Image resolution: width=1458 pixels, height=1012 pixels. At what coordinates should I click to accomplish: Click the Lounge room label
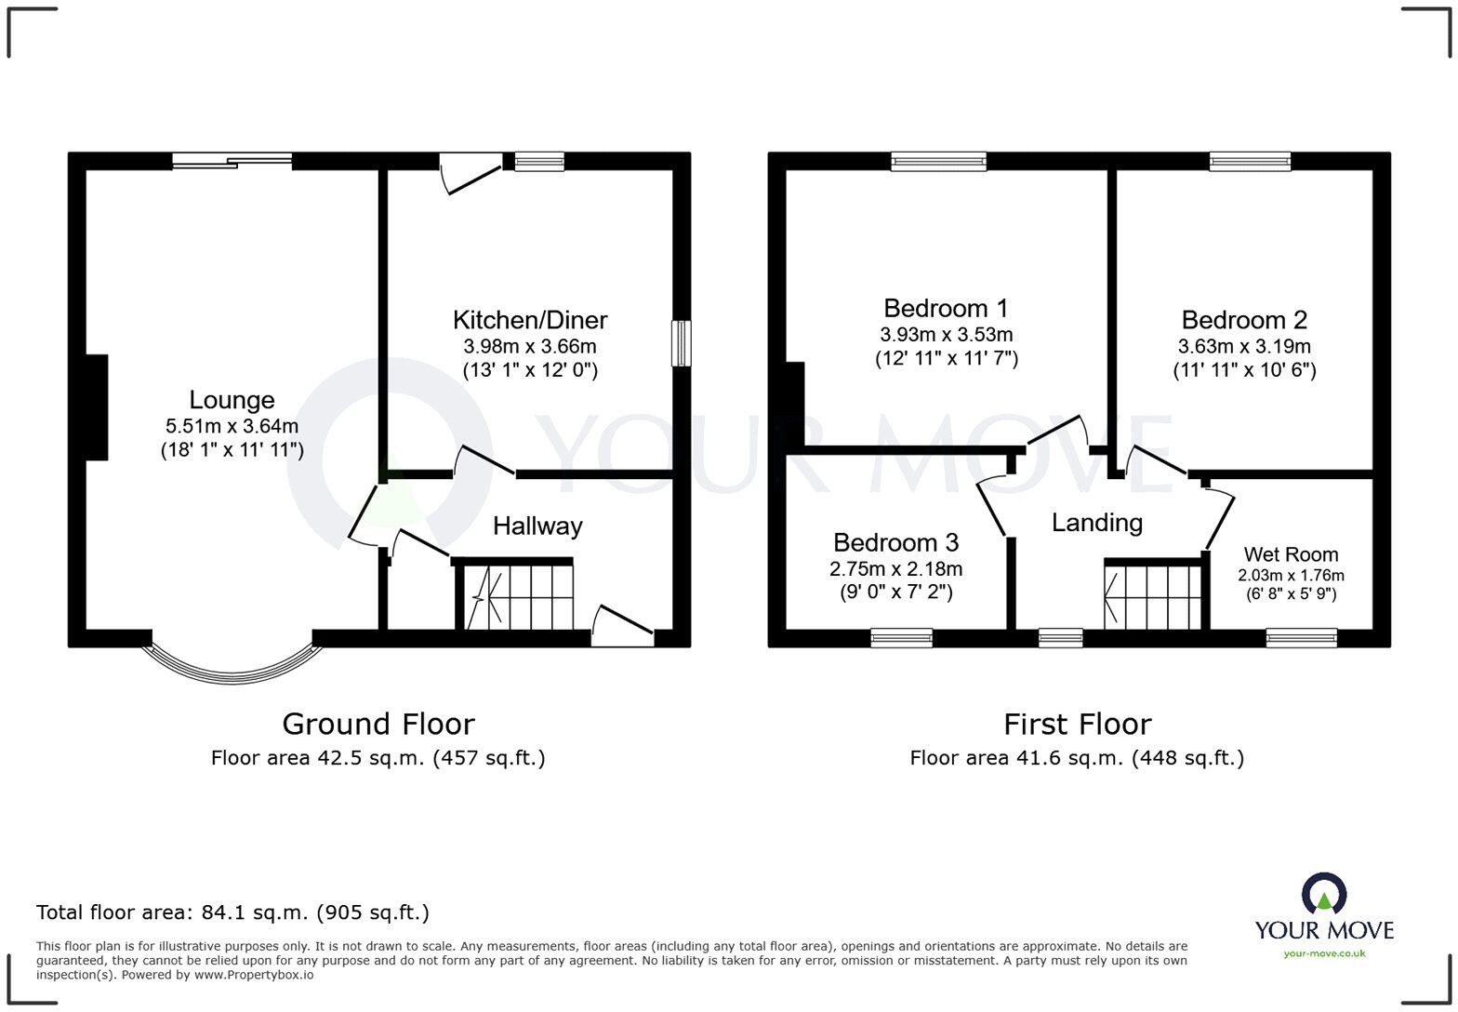tap(232, 400)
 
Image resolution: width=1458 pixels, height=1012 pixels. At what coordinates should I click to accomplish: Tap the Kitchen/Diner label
tap(529, 320)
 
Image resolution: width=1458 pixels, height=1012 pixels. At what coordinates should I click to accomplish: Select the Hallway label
tap(537, 526)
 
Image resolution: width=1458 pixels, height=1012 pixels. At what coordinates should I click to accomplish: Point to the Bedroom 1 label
tap(946, 308)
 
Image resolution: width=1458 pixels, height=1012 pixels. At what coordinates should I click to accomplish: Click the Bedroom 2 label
tap(1243, 320)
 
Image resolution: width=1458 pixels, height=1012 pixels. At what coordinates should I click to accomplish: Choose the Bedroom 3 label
tap(895, 542)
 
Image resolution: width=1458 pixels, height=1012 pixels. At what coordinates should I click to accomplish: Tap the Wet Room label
tap(1291, 554)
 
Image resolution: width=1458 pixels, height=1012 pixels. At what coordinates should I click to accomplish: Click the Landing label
tap(1096, 523)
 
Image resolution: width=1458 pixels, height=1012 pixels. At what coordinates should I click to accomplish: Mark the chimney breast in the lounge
tap(97, 407)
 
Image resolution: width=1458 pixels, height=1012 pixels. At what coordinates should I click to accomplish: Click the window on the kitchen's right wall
tap(682, 343)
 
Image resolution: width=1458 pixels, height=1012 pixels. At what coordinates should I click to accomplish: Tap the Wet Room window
tap(1301, 637)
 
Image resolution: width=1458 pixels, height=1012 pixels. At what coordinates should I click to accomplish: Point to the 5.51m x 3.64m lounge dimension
tap(232, 427)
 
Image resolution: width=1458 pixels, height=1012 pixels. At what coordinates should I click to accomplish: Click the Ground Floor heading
tap(378, 724)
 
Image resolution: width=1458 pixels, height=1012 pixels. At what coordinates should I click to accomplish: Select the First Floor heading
tap(1077, 724)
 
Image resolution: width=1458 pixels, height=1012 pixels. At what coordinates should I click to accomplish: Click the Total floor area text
tap(232, 912)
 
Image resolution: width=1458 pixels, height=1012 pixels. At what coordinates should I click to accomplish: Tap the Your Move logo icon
tap(1323, 894)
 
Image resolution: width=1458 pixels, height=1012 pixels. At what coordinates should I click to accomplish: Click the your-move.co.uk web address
tap(1323, 952)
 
